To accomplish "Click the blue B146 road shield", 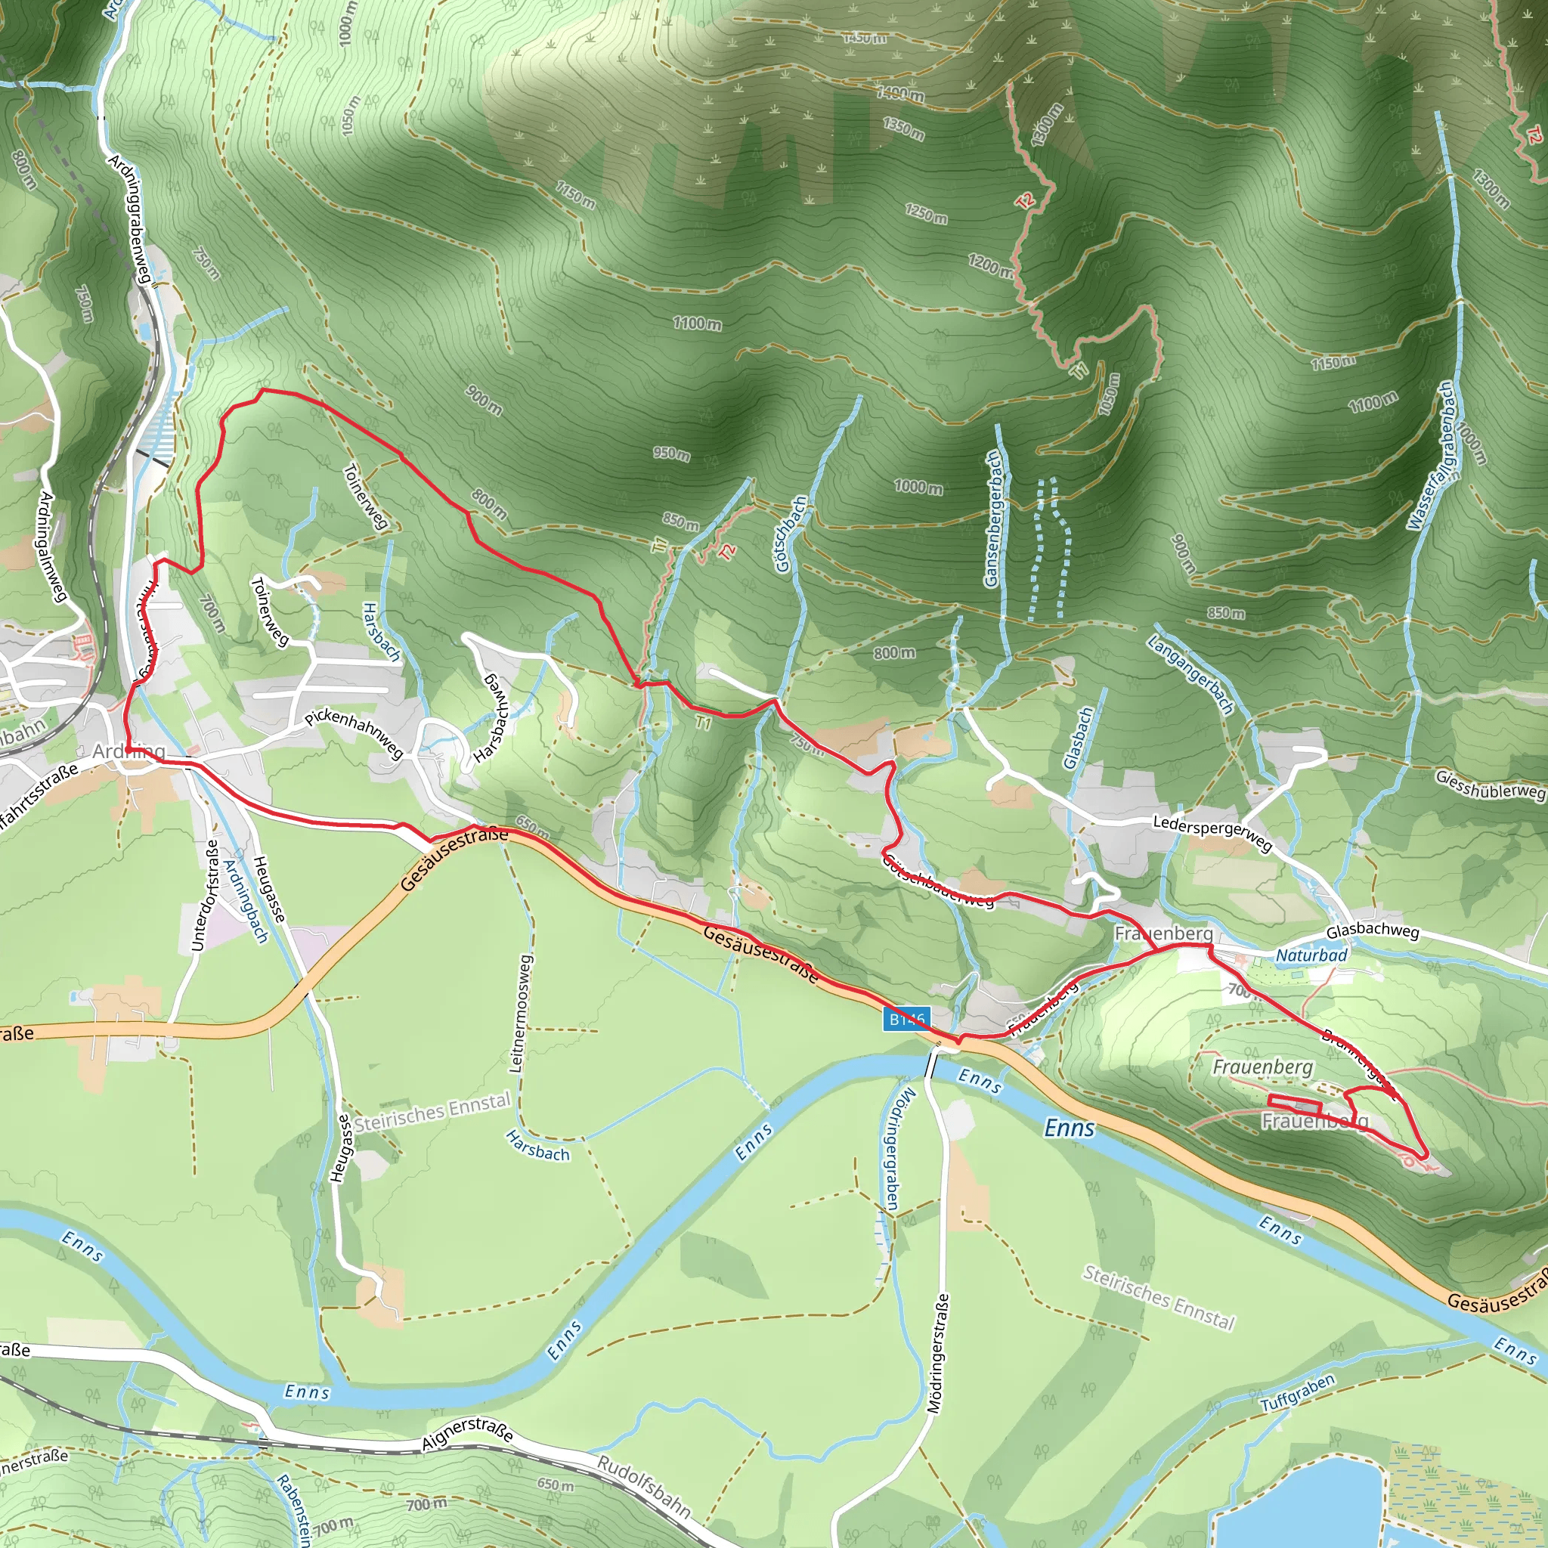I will [907, 1019].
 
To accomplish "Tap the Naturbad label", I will [1311, 955].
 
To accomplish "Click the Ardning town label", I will [128, 751].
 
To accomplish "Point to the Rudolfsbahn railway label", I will [643, 1487].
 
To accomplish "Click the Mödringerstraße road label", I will [937, 1353].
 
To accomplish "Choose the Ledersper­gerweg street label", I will [1212, 832].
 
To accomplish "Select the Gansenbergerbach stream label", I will [992, 519].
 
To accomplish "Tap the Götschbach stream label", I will [791, 534].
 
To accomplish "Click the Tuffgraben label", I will [1298, 1392].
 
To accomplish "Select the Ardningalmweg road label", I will [51, 546].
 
